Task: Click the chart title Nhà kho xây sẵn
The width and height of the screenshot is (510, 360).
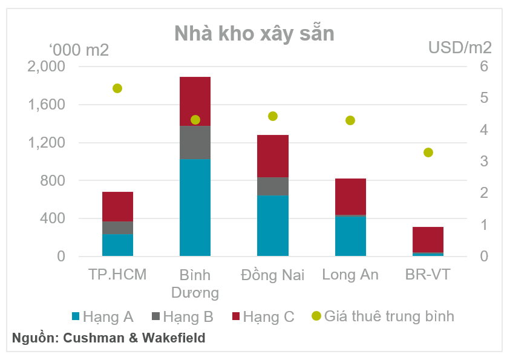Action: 254,33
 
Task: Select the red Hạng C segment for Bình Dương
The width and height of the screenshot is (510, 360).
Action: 195,101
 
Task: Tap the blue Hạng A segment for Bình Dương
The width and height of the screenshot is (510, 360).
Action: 195,208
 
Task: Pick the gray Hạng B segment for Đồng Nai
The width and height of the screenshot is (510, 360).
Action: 272,186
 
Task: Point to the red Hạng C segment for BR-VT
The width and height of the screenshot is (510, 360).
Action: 428,240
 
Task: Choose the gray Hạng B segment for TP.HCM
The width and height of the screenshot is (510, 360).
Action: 117,227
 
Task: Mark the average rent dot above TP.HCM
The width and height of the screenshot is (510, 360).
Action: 117,88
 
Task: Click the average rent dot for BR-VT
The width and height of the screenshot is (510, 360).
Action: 428,152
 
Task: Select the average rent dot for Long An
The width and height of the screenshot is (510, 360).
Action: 350,120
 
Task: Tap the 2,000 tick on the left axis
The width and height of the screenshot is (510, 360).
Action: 47,67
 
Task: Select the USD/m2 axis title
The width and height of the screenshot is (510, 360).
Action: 460,48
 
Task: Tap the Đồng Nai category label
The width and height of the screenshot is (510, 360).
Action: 272,275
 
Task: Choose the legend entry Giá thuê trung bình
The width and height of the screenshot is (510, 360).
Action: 382,316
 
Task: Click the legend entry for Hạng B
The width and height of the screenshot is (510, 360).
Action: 181,316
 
